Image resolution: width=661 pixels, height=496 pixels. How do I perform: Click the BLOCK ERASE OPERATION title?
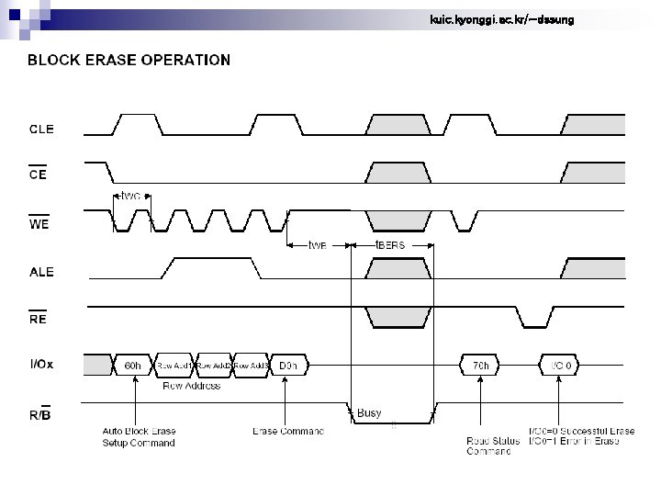[129, 60]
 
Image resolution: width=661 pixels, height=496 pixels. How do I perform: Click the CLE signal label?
[42, 130]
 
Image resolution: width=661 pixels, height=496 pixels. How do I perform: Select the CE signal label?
[38, 175]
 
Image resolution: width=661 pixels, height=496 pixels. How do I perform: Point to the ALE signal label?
[41, 272]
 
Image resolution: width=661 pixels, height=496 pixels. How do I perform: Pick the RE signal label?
[38, 320]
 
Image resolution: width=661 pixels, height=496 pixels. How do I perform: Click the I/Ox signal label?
[42, 365]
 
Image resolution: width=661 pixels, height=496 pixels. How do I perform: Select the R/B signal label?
[40, 414]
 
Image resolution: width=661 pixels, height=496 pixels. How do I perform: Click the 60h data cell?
[133, 366]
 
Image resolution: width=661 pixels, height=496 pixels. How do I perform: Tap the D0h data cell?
[288, 366]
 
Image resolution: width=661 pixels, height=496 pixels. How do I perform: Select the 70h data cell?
[481, 366]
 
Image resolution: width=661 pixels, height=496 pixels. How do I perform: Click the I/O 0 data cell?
[562, 366]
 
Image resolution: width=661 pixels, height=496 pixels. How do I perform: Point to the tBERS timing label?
[390, 245]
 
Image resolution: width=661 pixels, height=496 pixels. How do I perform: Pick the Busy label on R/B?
[369, 413]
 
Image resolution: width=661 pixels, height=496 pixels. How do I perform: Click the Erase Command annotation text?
[288, 431]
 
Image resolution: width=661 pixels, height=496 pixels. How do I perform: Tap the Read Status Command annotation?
[488, 445]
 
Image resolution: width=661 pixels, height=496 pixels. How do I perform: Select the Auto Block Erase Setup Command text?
[139, 436]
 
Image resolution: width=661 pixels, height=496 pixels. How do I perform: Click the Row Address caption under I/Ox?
[192, 386]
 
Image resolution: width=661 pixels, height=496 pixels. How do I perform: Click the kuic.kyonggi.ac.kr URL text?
[502, 19]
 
